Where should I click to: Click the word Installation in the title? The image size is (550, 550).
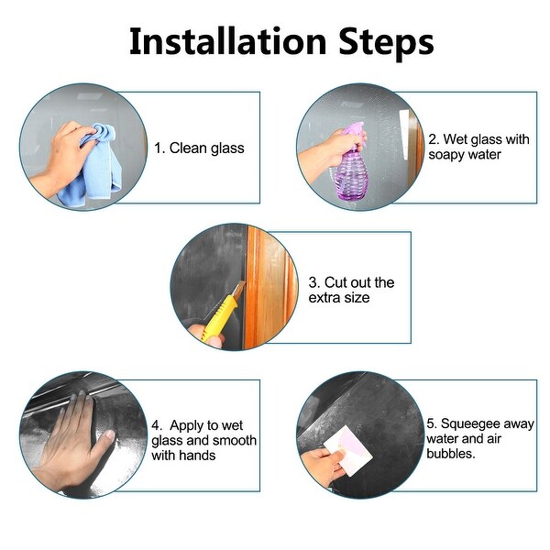point(228,42)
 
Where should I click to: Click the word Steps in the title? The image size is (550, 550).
point(386,45)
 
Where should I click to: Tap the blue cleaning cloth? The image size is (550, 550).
point(94,165)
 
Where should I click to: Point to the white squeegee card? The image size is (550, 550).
point(347,450)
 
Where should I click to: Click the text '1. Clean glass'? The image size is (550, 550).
point(199,148)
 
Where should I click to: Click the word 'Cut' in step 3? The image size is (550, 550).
point(337,282)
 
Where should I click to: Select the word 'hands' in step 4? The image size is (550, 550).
point(197,456)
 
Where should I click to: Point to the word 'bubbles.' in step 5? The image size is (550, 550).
point(451,454)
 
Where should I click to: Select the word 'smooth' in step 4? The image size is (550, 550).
point(235,440)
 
